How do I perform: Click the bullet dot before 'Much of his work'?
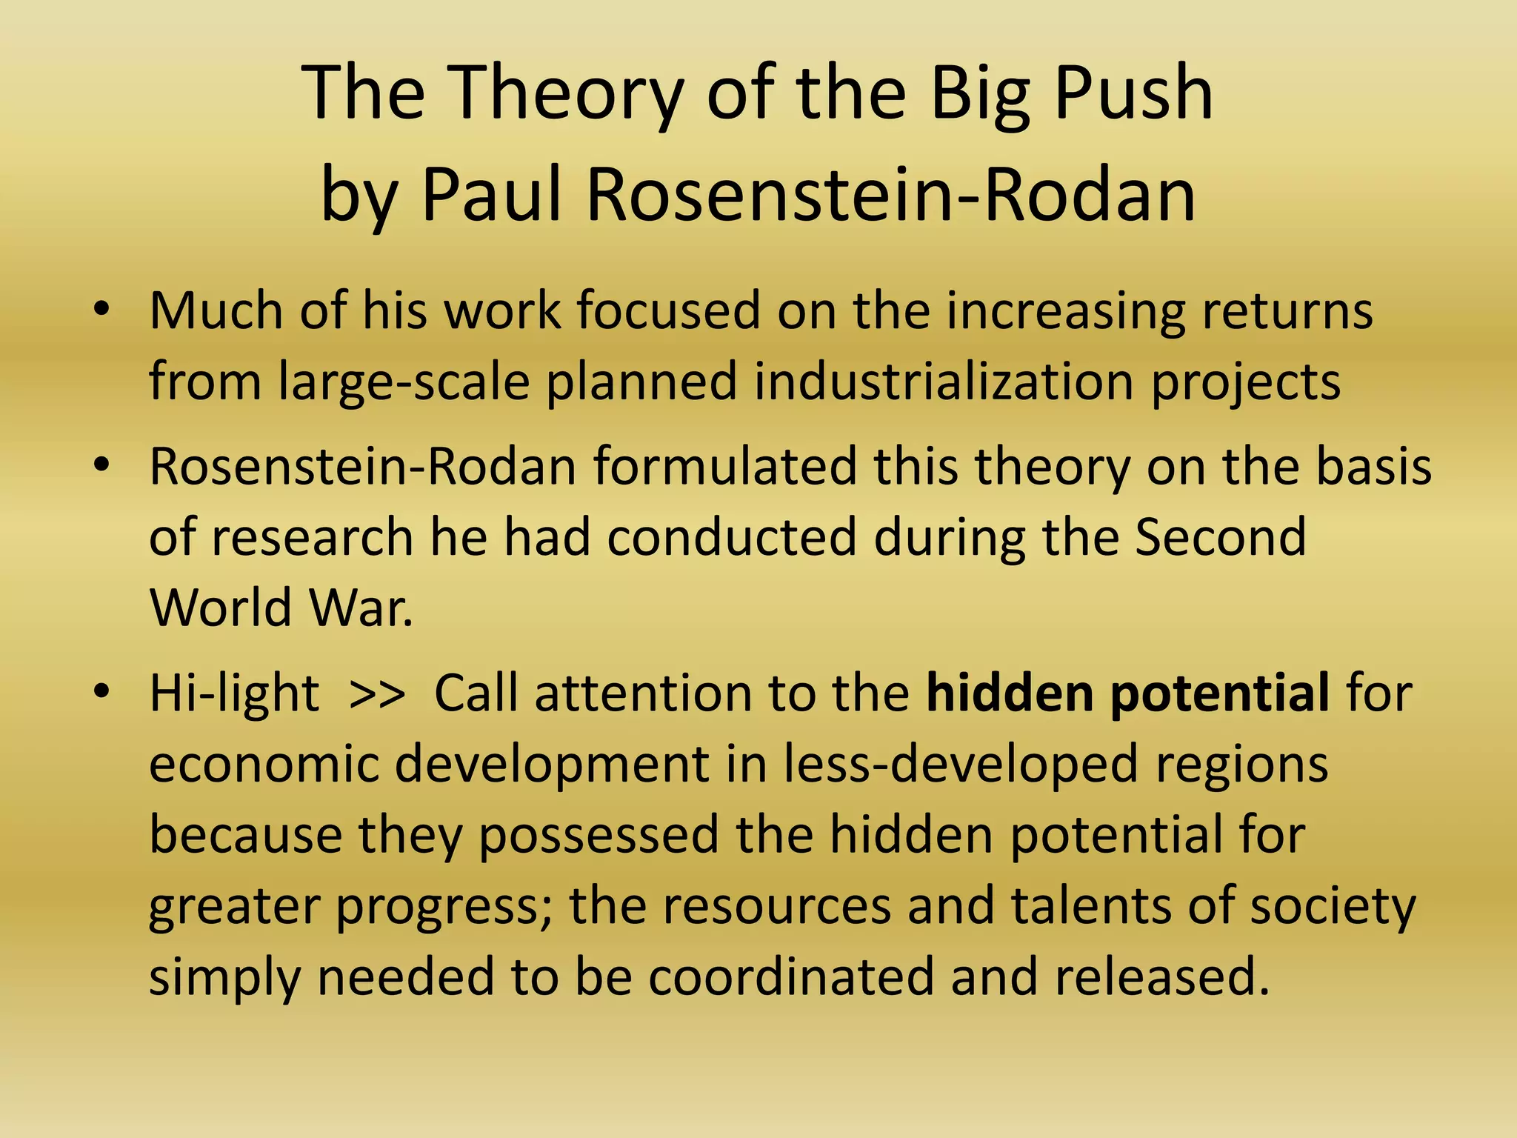tap(101, 310)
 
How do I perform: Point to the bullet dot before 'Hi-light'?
tap(101, 692)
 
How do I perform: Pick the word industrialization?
tap(944, 382)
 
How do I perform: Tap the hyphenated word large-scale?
tap(404, 382)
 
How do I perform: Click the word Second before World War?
tap(1221, 537)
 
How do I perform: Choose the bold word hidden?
tap(1010, 693)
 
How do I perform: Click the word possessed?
tap(598, 835)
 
